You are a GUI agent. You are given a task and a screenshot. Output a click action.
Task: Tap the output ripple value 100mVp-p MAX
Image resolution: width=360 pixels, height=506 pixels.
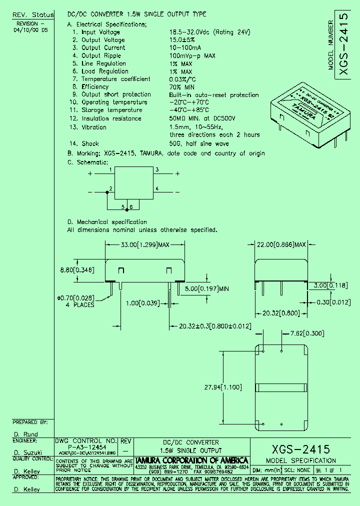[192, 55]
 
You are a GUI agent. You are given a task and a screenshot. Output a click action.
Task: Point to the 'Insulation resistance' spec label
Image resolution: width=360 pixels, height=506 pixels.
[111, 118]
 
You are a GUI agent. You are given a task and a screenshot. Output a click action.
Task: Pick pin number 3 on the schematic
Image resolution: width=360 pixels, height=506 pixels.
[157, 170]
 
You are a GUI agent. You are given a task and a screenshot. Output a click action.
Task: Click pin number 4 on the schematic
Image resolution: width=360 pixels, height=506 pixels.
[157, 188]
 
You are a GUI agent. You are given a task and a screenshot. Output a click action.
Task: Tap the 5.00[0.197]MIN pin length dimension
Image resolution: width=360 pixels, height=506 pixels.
[206, 289]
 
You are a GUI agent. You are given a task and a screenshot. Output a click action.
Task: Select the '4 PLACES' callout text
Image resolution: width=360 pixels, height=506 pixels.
[80, 304]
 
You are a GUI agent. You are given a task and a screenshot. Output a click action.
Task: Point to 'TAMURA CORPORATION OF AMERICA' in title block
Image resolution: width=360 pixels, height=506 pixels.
[192, 460]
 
